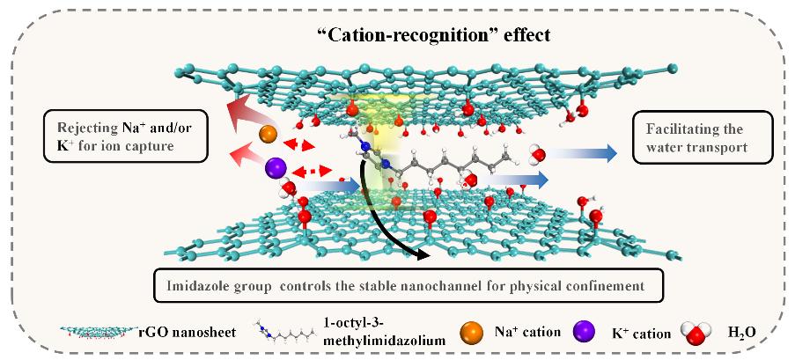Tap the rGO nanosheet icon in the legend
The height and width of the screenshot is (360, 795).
coord(98,334)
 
